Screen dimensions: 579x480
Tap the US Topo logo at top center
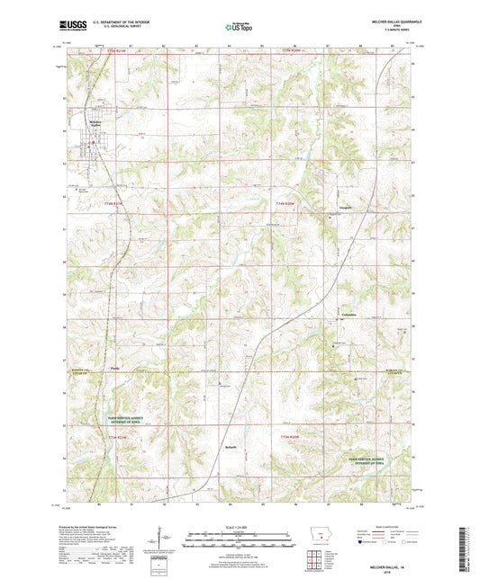click(x=238, y=28)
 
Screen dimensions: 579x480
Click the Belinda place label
click(x=231, y=444)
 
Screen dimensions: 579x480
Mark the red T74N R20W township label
click(x=285, y=204)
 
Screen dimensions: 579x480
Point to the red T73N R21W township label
click(x=119, y=436)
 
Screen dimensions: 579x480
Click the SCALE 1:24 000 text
click(x=239, y=526)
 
